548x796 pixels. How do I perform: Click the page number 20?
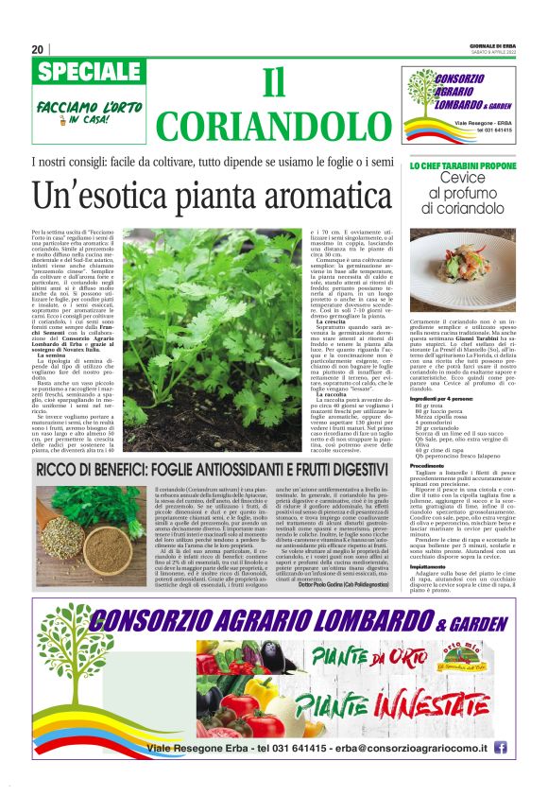point(38,49)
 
